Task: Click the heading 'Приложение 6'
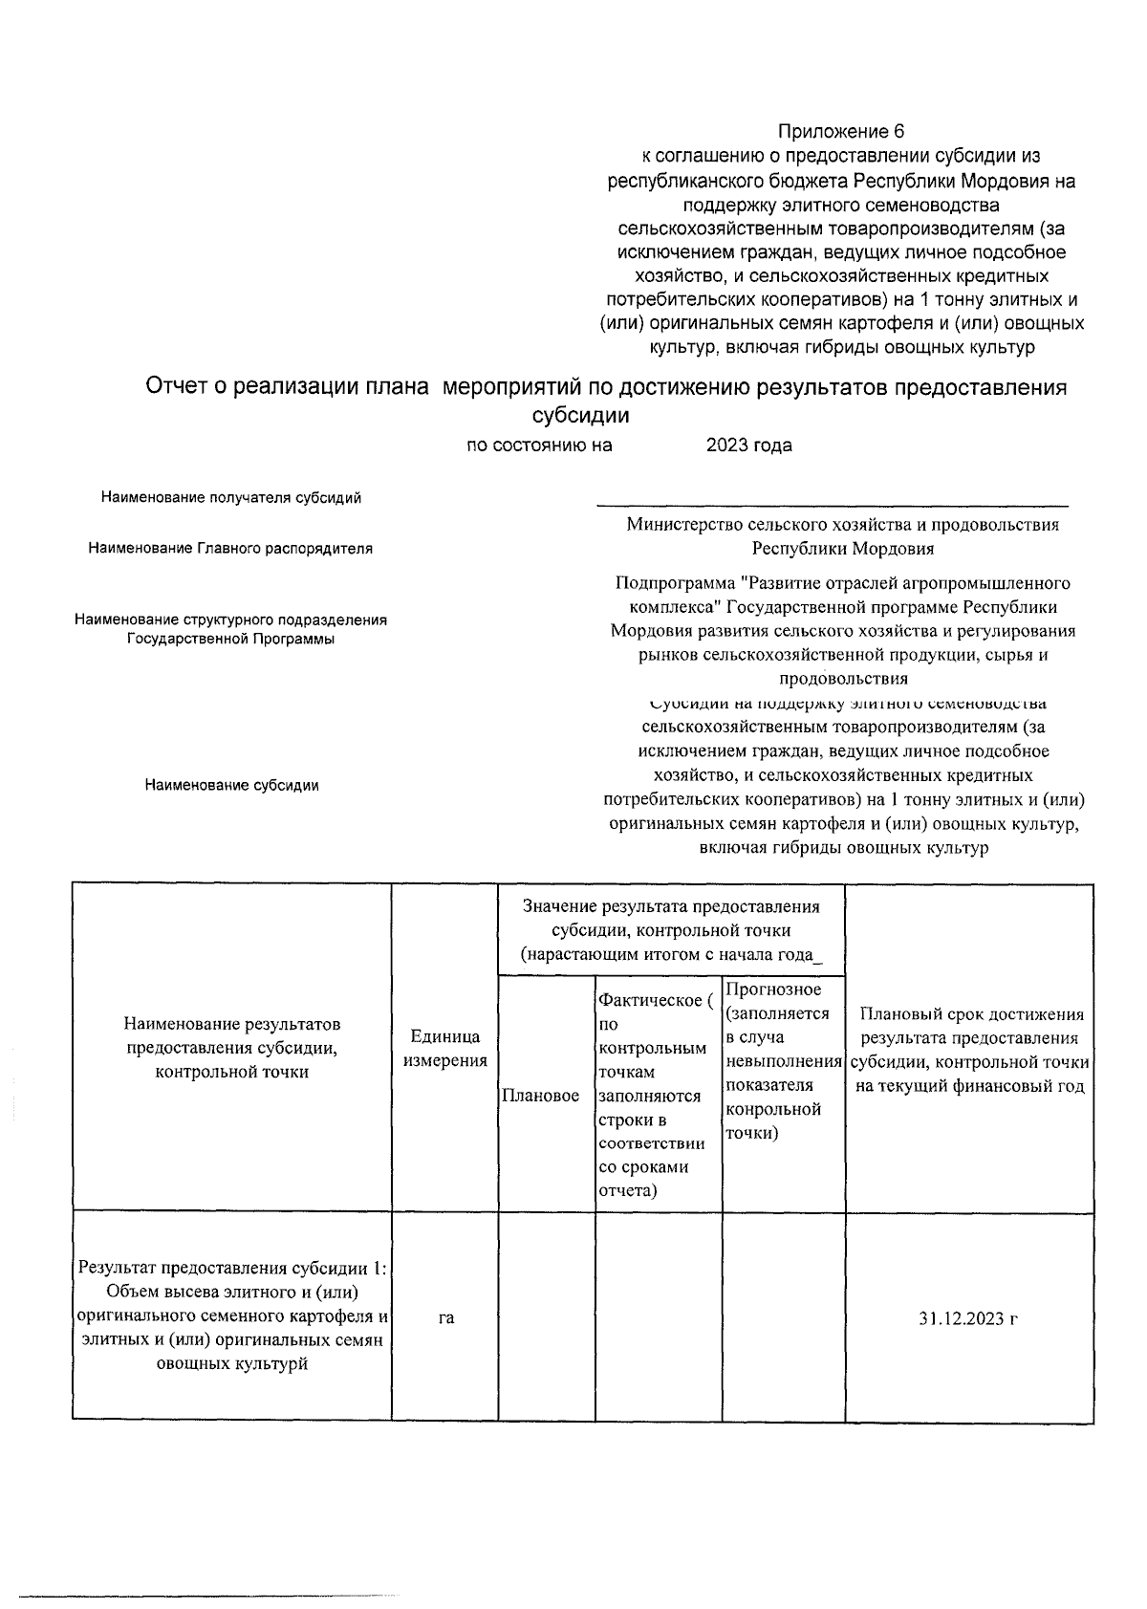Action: click(841, 131)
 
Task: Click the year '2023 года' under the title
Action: click(748, 445)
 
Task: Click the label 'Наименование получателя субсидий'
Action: click(231, 497)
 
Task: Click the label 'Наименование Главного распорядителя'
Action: click(230, 548)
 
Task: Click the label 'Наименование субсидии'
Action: click(231, 785)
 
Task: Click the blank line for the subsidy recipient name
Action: click(832, 502)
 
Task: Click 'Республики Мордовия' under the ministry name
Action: click(842, 549)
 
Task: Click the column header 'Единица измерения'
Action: click(444, 1048)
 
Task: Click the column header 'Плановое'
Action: click(540, 1096)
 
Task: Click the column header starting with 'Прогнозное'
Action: click(782, 1060)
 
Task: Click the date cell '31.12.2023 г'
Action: click(967, 1318)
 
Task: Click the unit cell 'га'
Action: click(445, 1318)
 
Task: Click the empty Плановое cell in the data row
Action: click(546, 1318)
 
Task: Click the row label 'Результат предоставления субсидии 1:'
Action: click(232, 1269)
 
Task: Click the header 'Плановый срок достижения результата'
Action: click(970, 1050)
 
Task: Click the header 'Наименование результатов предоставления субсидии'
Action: click(232, 1048)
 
